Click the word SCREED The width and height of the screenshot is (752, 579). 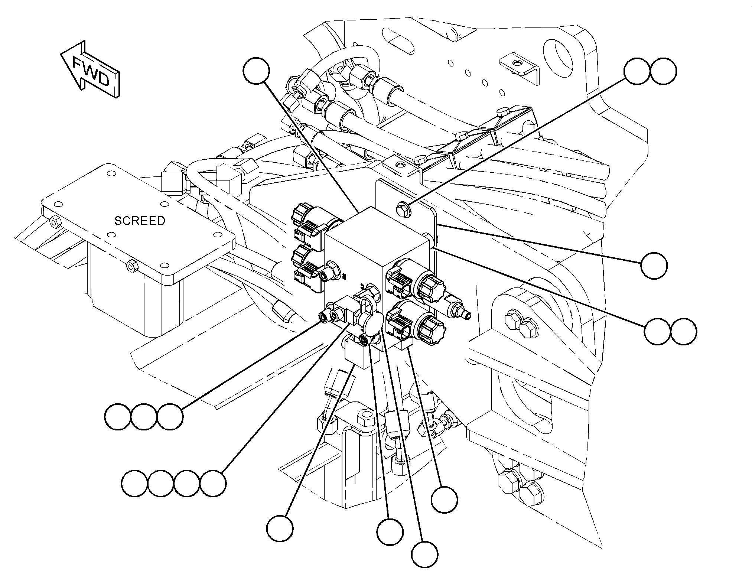click(x=140, y=221)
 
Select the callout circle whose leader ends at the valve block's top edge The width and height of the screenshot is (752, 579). click(x=257, y=71)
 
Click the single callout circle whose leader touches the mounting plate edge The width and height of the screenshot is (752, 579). click(x=654, y=266)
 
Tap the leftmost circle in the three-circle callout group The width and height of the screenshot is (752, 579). click(x=118, y=417)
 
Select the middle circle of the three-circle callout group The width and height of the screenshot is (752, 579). click(x=144, y=417)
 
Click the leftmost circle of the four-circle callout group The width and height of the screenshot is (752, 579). click(x=134, y=484)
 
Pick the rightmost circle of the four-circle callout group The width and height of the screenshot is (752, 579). click(x=213, y=484)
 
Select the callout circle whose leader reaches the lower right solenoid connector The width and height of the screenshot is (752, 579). click(x=444, y=500)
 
